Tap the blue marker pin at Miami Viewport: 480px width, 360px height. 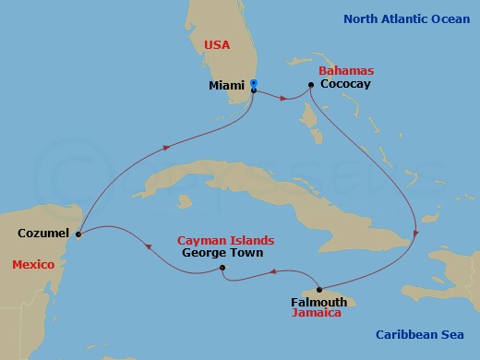click(x=253, y=84)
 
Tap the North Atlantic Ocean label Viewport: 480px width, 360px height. click(x=407, y=18)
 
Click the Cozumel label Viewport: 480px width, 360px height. click(x=43, y=234)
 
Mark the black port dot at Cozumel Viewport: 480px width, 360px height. click(x=78, y=234)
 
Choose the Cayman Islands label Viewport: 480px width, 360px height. click(x=225, y=240)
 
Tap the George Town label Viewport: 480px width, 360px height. click(x=222, y=253)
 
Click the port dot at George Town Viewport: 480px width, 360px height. click(x=222, y=269)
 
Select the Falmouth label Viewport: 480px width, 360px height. click(x=318, y=302)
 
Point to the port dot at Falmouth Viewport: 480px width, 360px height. click(x=318, y=288)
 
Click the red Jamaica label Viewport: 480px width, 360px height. click(x=317, y=314)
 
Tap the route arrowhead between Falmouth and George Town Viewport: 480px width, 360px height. click(x=274, y=271)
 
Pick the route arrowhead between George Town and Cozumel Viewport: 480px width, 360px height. click(x=147, y=245)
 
